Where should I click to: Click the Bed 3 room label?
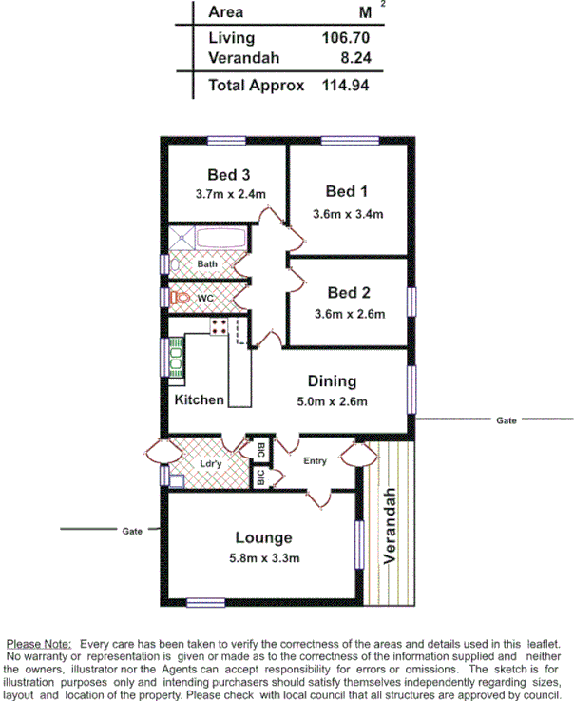click(x=228, y=175)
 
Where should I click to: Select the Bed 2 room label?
click(x=348, y=292)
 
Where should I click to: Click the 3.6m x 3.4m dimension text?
click(x=348, y=213)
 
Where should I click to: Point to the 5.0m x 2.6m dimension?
click(x=332, y=401)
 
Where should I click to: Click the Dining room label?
click(x=332, y=381)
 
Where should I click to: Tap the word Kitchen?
click(x=199, y=399)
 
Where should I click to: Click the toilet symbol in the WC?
click(x=180, y=298)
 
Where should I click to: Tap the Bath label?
click(x=207, y=263)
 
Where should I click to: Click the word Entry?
click(x=315, y=461)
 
